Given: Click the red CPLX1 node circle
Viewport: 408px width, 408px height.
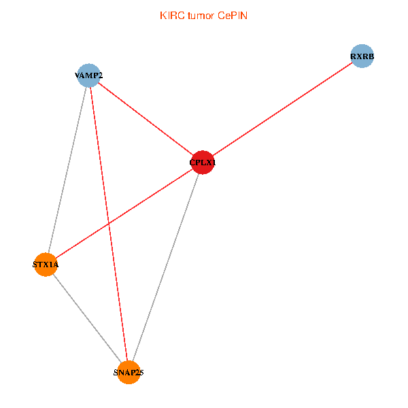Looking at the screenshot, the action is (202, 163).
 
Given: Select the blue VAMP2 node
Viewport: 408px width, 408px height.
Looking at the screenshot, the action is (88, 75).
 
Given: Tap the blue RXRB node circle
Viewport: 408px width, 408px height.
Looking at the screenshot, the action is (362, 56).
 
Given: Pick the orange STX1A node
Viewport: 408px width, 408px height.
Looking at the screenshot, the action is (46, 265).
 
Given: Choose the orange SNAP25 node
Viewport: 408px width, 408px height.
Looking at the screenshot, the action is (128, 372).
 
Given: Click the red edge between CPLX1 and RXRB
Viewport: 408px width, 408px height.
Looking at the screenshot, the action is (282, 109).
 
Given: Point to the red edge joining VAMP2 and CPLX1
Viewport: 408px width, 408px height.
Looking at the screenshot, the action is (145, 119).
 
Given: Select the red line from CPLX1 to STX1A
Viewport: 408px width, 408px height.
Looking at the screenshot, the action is (124, 214).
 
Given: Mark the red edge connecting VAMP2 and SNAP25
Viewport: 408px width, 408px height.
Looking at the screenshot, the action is (108, 224).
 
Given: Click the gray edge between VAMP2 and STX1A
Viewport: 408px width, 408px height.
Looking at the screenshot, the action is (67, 170).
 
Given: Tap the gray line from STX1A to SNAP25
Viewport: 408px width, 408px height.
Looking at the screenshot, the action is (86, 318).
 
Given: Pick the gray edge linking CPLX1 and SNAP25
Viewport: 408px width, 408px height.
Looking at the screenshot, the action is (165, 267).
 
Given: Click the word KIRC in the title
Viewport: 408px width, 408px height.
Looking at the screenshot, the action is (171, 16).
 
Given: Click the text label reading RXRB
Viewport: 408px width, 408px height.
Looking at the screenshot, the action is (362, 56).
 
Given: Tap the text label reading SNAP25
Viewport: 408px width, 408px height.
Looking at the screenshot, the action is (128, 373).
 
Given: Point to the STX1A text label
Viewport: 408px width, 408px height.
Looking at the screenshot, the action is (46, 265).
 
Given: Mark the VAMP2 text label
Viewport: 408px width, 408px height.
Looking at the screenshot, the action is (88, 75).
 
